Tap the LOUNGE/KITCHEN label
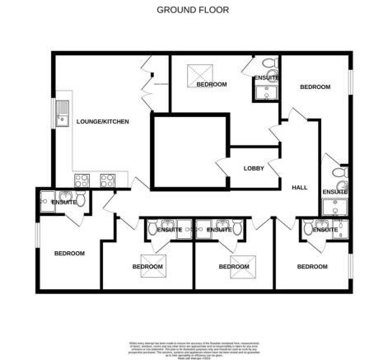tap(103, 122)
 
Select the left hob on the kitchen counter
tap(82, 178)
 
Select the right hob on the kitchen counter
tap(107, 178)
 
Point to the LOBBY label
tap(254, 168)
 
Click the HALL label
tap(300, 187)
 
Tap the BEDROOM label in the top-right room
tap(315, 86)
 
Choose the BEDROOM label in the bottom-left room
tap(70, 253)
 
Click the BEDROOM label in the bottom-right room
tap(312, 266)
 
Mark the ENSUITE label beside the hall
tap(334, 192)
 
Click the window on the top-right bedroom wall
tap(352, 83)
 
